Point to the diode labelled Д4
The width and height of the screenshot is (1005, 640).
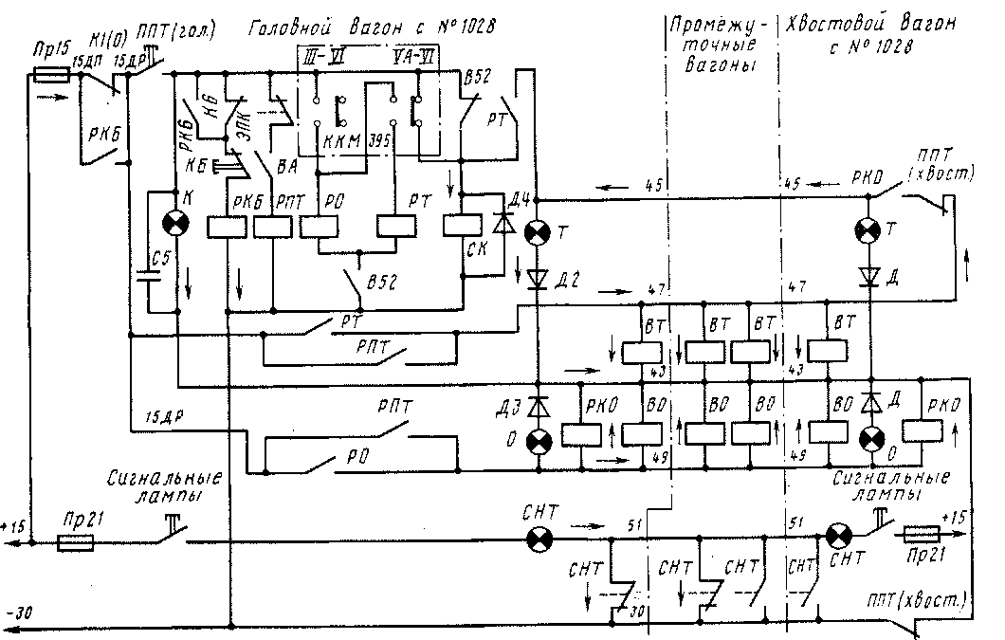click(502, 226)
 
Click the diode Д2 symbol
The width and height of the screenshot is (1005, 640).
click(538, 278)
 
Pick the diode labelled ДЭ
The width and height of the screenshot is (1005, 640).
click(538, 406)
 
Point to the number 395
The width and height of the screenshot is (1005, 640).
click(381, 143)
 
